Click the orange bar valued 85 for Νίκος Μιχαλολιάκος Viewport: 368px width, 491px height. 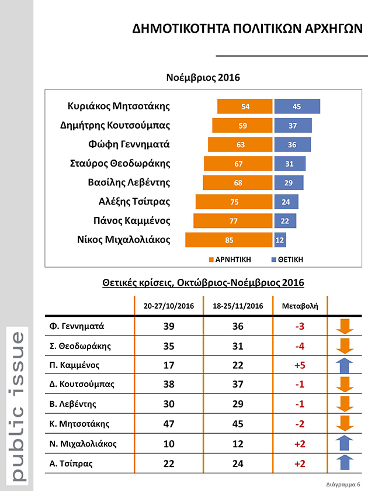click(228, 240)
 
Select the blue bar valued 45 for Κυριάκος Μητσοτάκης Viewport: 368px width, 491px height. click(297, 106)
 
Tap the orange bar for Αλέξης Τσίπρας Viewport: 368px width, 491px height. click(234, 202)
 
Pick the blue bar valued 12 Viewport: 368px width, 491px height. click(280, 240)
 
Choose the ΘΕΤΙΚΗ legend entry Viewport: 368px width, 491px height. click(287, 258)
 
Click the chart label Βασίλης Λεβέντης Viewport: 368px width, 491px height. click(128, 182)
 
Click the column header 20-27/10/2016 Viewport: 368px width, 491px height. click(169, 306)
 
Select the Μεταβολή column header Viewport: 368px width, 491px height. click(300, 306)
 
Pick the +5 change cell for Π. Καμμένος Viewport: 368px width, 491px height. click(300, 365)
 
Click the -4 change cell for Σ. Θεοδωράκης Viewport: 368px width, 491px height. click(300, 345)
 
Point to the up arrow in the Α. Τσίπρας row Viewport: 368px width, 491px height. click(345, 463)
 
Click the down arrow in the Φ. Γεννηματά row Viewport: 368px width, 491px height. click(345, 326)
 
